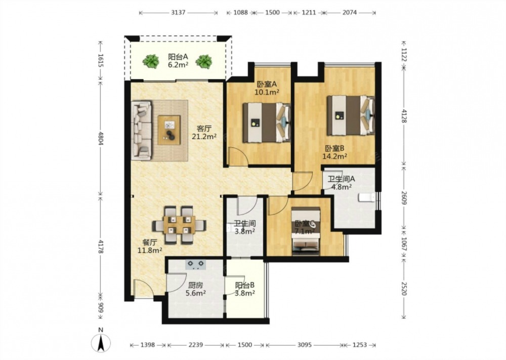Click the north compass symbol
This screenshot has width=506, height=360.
101,341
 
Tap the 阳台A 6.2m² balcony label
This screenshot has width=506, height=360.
178,61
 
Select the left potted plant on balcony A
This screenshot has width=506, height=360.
151,61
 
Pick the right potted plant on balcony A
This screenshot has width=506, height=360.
203,61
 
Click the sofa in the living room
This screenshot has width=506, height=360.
141,130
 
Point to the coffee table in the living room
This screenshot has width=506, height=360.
169,130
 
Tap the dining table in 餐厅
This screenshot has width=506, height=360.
179,225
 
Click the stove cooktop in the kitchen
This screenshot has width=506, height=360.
195,265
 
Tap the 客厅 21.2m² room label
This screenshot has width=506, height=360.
204,132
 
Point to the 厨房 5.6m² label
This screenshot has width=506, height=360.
195,289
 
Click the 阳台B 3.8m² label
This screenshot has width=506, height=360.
245,289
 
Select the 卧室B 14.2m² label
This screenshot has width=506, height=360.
335,152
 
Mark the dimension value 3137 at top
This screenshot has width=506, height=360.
178,13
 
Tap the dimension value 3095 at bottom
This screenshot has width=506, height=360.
304,345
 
